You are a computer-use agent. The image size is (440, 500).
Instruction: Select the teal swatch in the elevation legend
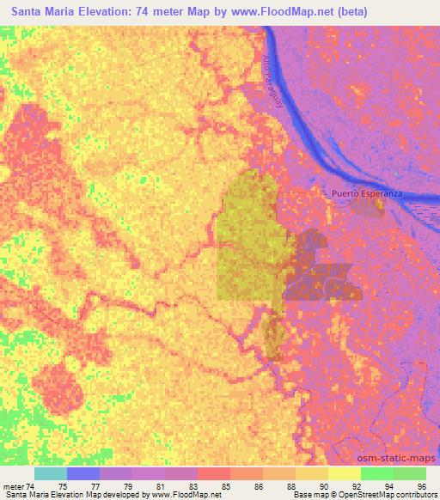(x=51, y=473)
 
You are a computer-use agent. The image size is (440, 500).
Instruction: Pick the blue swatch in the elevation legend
(x=83, y=473)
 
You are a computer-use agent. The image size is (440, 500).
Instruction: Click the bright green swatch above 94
(x=376, y=473)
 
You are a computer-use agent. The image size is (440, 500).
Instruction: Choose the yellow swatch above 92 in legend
(x=344, y=473)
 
